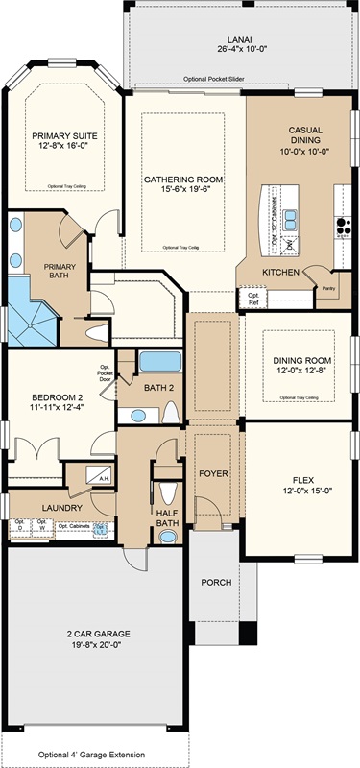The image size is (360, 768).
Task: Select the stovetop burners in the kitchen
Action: (x=342, y=228)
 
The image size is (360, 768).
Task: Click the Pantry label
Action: (x=327, y=286)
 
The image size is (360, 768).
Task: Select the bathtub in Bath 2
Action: (x=158, y=363)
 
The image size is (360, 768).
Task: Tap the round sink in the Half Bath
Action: (x=169, y=537)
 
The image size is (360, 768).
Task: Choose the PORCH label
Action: (x=216, y=583)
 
